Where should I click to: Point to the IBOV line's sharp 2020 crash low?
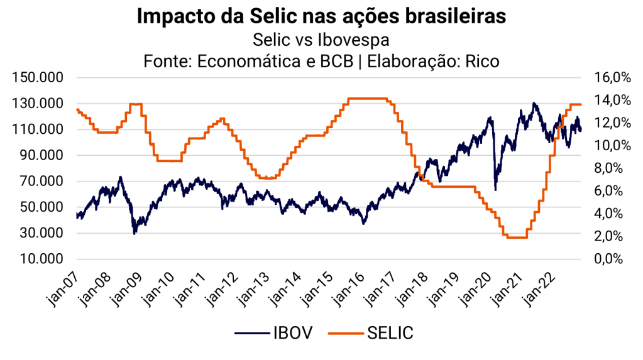[x=495, y=189]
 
